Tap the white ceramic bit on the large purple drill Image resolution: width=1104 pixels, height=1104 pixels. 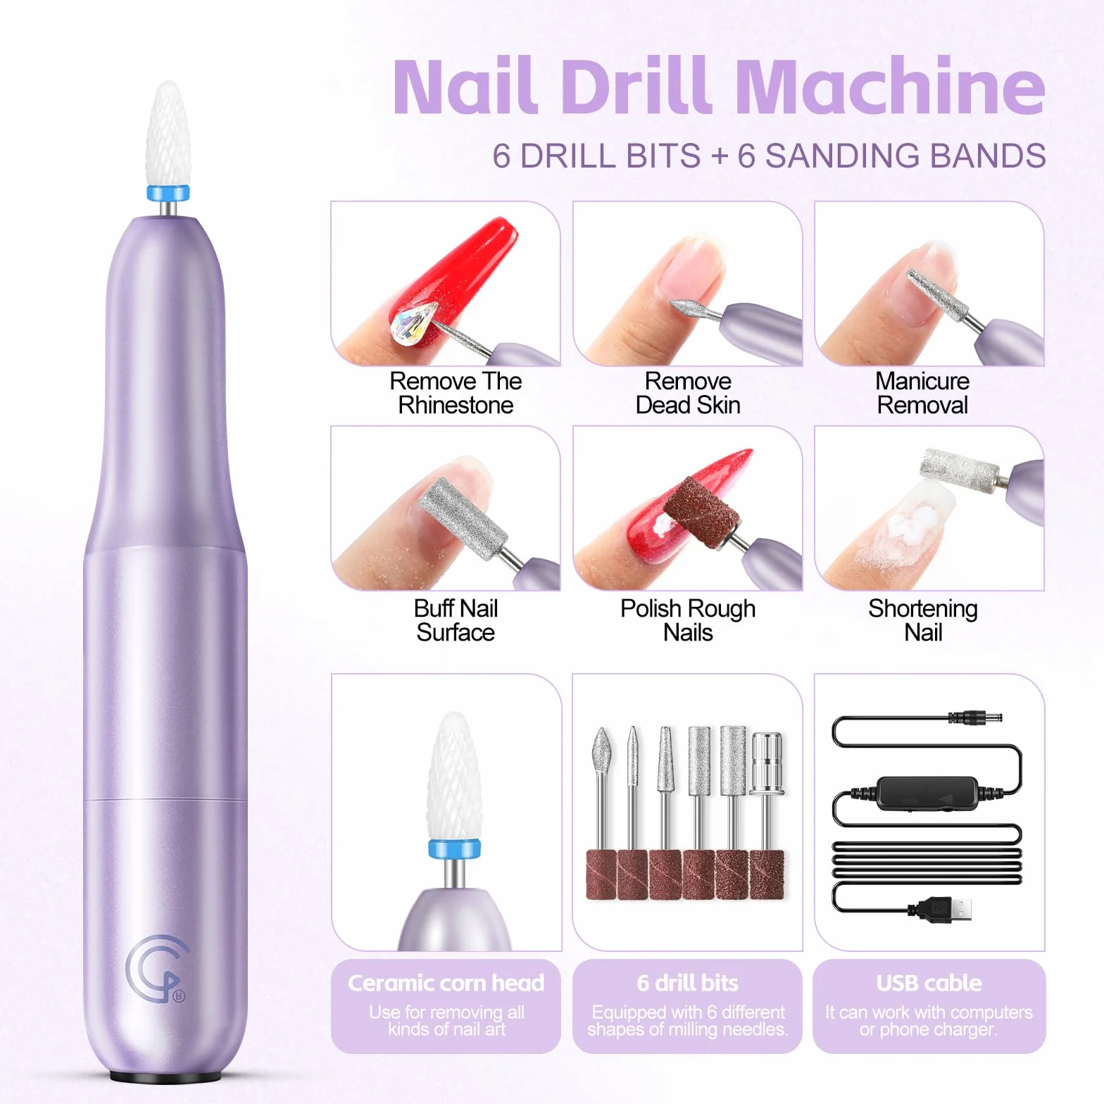tap(167, 134)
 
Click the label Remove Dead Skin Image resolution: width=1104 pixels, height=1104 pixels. tap(688, 393)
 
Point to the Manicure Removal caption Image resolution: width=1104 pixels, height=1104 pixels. tap(922, 393)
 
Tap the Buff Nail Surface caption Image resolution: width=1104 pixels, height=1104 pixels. tap(456, 620)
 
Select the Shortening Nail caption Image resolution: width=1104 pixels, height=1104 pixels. tap(923, 620)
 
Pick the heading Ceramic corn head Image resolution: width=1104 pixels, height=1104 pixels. tap(446, 983)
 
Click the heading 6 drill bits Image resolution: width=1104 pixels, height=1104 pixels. tap(688, 983)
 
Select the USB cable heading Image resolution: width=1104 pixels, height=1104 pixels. tap(929, 983)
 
